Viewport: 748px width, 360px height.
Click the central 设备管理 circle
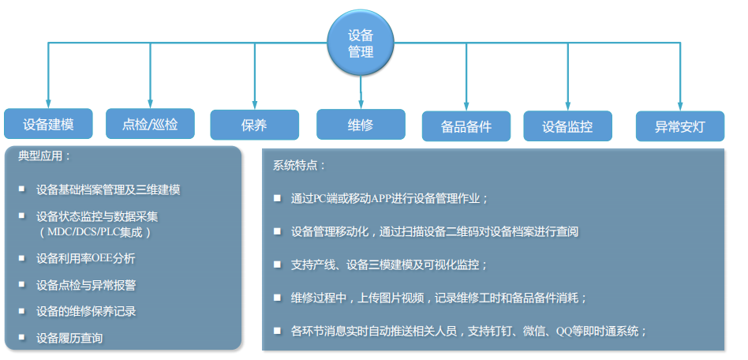point(361,43)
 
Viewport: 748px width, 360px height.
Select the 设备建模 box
point(49,124)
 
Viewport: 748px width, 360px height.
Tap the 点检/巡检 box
point(150,124)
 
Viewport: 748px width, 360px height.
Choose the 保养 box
point(254,125)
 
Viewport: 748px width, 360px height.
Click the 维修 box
point(361,124)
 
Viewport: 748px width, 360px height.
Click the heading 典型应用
point(44,156)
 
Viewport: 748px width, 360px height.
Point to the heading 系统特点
point(299,166)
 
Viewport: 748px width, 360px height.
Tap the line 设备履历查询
point(69,338)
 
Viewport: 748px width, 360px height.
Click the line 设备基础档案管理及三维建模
point(108,189)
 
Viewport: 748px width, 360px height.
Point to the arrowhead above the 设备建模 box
point(49,103)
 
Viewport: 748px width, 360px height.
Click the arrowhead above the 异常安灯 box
point(680,103)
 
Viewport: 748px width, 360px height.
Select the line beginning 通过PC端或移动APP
point(389,198)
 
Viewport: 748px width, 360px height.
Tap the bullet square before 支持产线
point(277,264)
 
